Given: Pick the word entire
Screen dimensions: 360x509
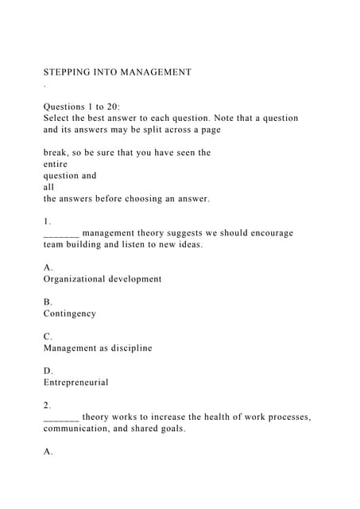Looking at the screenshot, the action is (x=56, y=164).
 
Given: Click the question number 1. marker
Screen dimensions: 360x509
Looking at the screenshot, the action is (x=48, y=221).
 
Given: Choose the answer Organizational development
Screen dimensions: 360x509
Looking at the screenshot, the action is (x=102, y=279).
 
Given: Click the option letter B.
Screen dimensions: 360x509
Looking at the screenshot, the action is (x=48, y=302).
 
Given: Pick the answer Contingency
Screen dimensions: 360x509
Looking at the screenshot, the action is (x=69, y=313).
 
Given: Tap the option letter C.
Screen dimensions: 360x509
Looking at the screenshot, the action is (x=48, y=336).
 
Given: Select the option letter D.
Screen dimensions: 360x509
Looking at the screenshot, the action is (x=48, y=371).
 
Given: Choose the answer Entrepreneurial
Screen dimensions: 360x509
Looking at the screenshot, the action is (x=75, y=383).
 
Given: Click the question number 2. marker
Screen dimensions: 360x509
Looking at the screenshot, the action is (x=48, y=405).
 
